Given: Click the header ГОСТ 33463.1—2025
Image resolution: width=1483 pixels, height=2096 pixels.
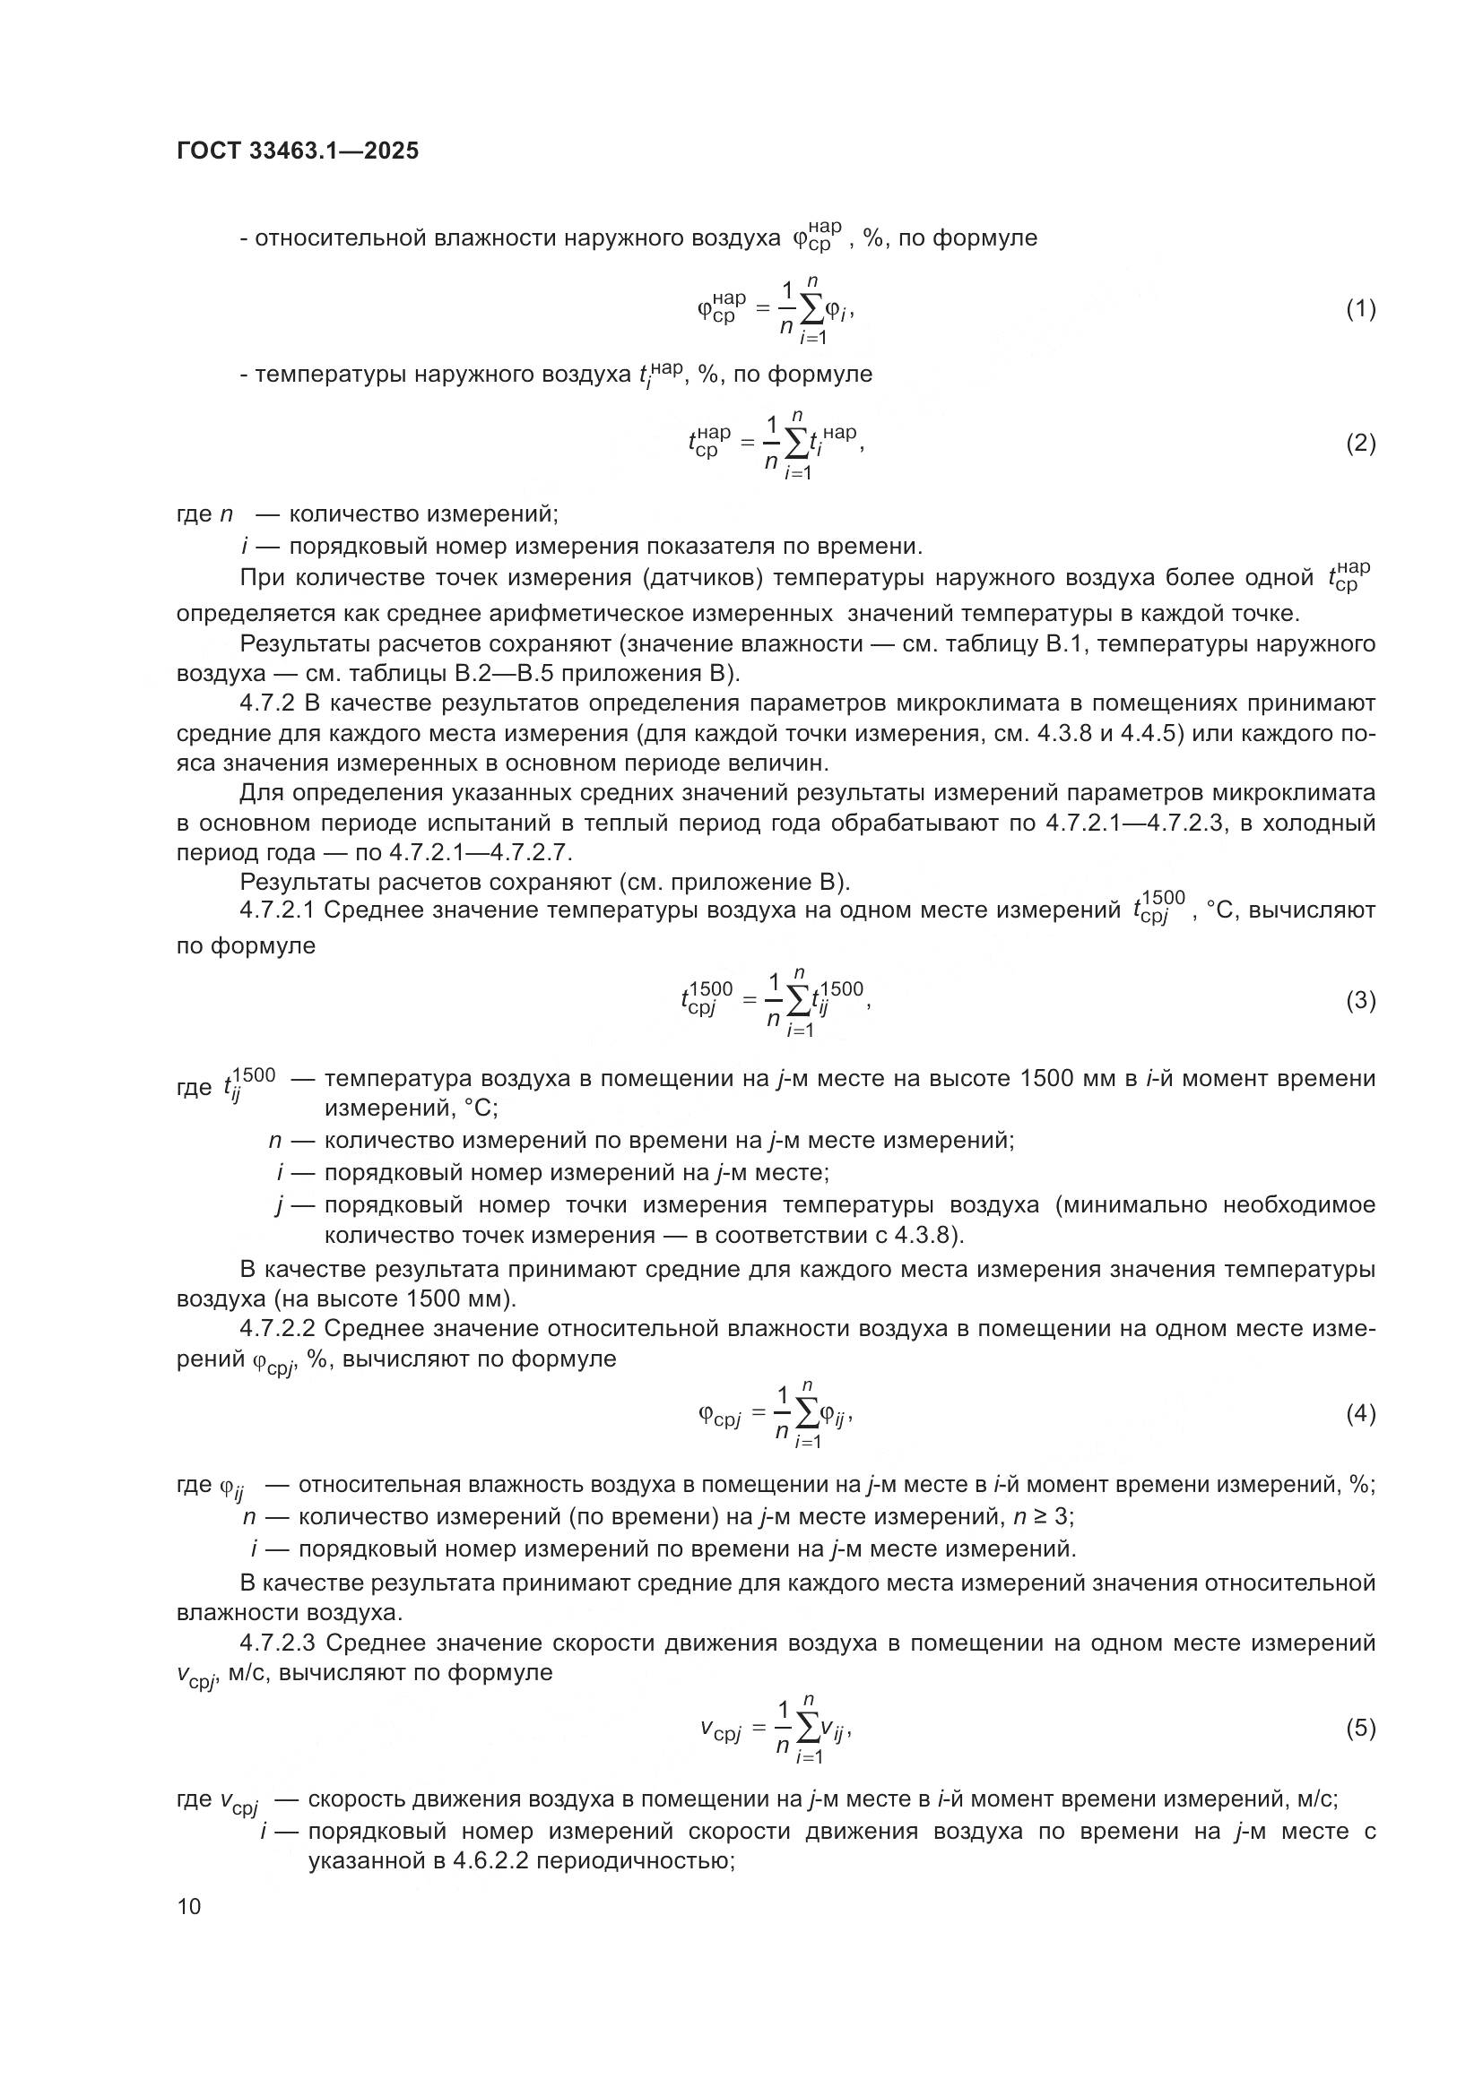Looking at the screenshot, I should [298, 151].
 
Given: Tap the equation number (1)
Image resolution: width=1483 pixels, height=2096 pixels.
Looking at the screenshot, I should [1361, 309].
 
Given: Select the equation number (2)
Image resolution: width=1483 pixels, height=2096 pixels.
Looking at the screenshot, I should [1361, 444].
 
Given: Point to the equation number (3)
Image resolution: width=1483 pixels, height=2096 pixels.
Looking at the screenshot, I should [1361, 1002].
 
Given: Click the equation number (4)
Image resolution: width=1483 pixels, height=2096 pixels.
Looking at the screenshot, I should [1361, 1414].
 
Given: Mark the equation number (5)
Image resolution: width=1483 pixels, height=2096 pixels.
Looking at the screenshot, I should [1361, 1728].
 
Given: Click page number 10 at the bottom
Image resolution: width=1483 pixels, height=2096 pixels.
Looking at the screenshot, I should [189, 1906].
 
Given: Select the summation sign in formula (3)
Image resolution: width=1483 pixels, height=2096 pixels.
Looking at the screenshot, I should [798, 1004].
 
